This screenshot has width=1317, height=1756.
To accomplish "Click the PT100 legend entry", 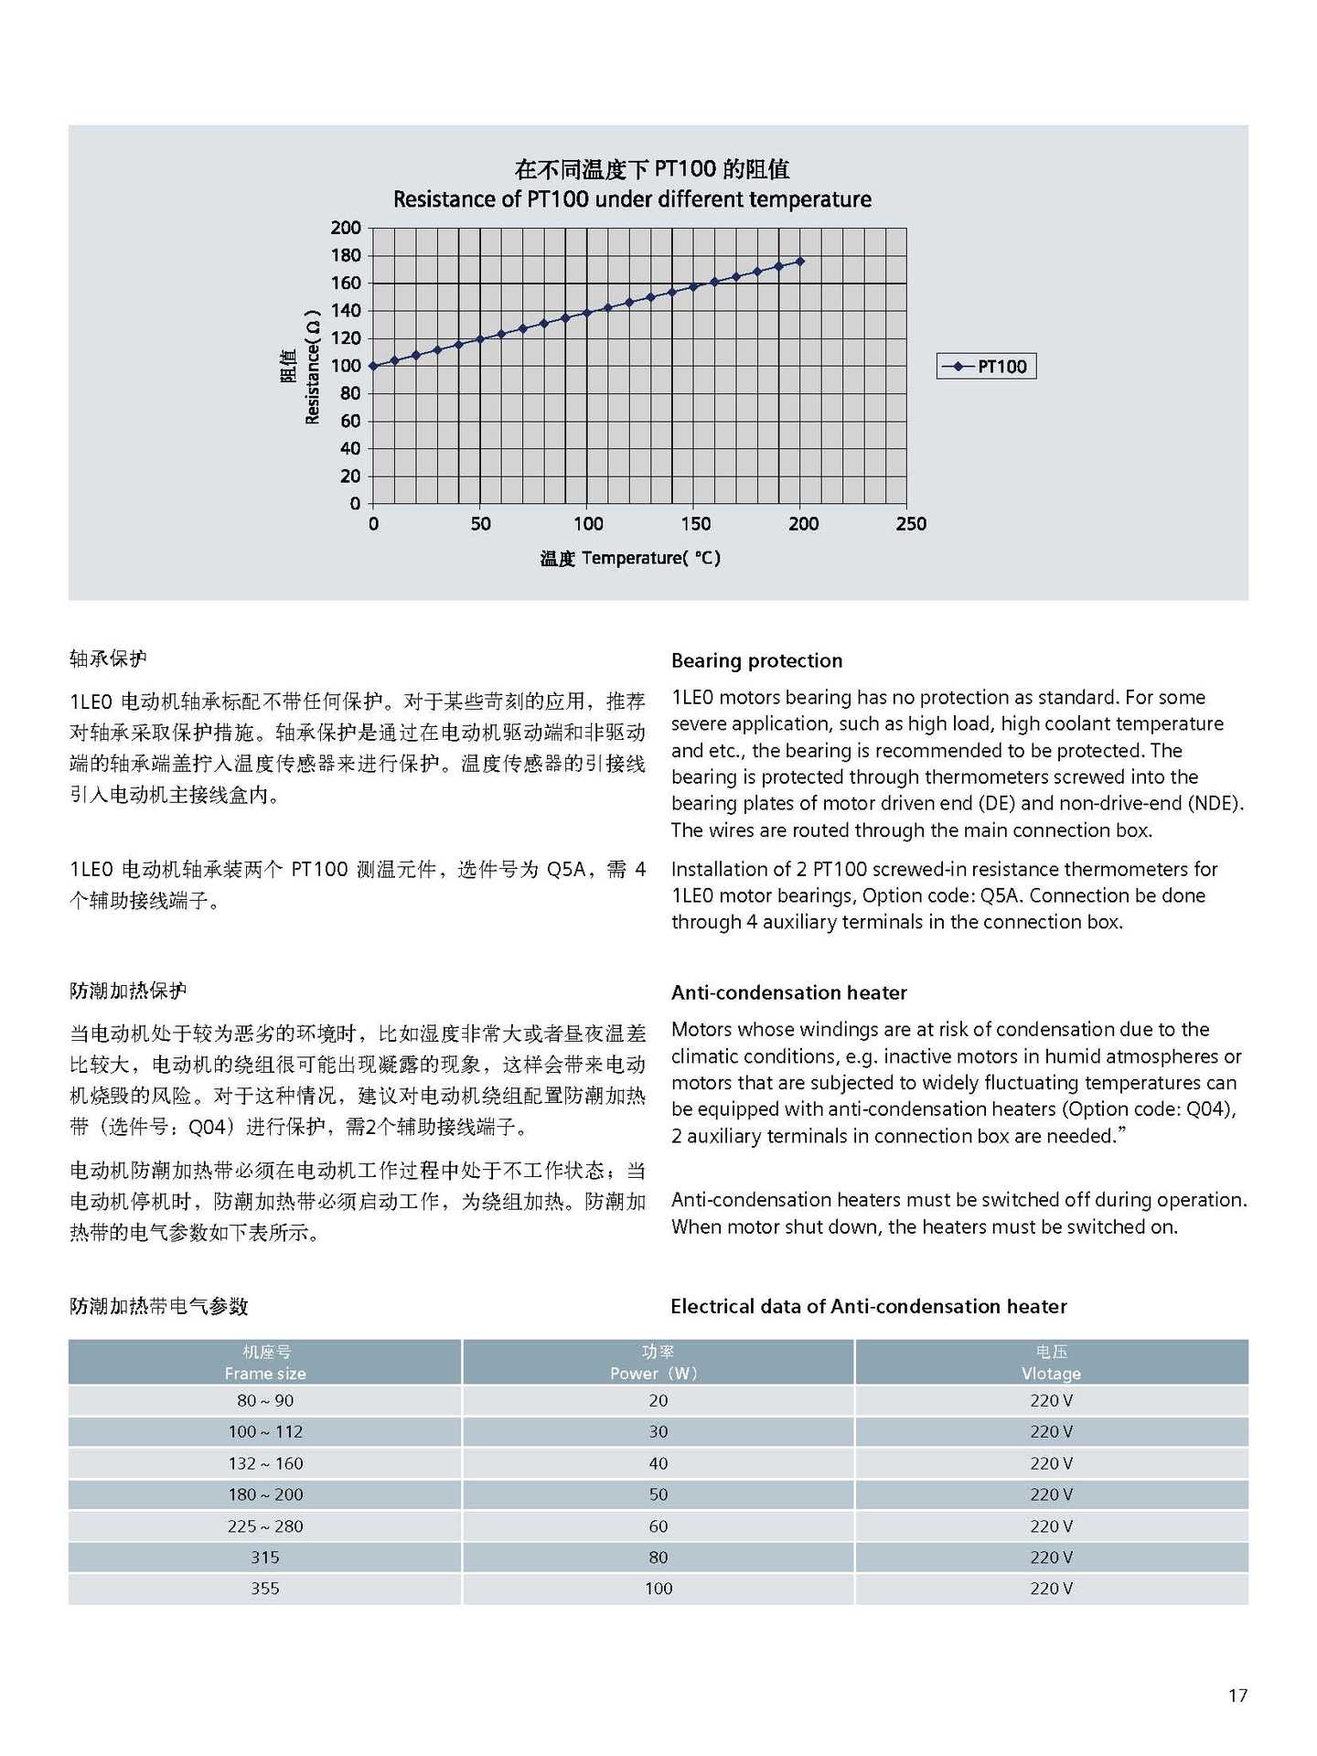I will pos(987,367).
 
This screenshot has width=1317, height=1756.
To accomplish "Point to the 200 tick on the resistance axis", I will pos(346,228).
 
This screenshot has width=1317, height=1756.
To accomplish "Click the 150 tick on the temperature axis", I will pos(696,524).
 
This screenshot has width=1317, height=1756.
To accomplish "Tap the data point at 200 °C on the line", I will pos(800,262).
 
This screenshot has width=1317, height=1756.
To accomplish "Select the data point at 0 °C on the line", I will pos(373,366).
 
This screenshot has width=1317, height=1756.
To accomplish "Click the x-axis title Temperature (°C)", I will pos(630,558).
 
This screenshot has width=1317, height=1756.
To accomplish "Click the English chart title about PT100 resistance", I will pos(632,199).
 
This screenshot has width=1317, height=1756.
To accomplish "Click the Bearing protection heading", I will pos(756,660).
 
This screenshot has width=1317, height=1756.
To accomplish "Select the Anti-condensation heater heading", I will pos(788,992).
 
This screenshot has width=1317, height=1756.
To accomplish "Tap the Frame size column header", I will pos(265,1363).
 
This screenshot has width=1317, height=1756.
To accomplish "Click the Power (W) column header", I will pos(658,1363).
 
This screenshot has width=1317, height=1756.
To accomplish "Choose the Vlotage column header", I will pos(1051,1363).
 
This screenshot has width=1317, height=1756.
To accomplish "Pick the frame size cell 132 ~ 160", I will pos(265,1463).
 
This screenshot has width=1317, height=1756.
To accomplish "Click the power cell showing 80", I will pos(658,1557).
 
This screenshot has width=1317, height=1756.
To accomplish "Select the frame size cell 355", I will pos(265,1589).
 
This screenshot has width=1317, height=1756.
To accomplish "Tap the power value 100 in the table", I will pos(658,1589).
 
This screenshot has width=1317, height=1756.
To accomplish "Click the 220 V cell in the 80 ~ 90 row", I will pos(1051,1400).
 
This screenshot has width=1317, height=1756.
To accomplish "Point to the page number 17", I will pos(1237,1696).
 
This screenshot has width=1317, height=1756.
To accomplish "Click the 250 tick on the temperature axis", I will pos(911,524).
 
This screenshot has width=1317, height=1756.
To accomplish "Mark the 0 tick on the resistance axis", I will pos(355,504).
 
